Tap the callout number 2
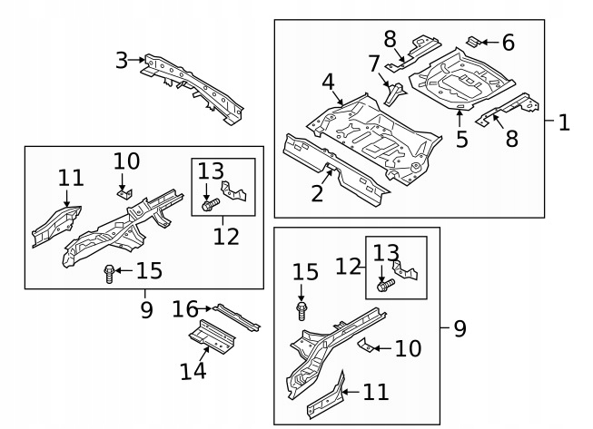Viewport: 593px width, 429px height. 317,192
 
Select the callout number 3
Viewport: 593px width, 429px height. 122,61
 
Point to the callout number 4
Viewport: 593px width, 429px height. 329,83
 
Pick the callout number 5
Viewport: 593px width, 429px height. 461,139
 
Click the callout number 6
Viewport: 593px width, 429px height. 508,42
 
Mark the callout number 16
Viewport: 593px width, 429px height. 185,310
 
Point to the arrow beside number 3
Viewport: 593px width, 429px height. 138,61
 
